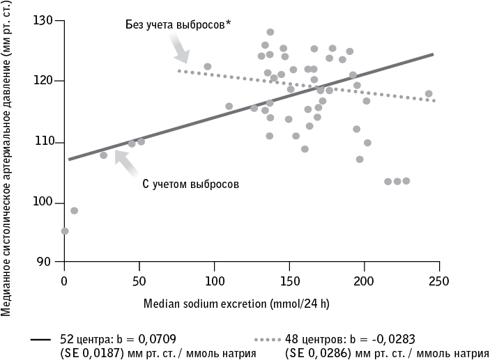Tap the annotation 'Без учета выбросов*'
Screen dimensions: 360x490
(x=178, y=26)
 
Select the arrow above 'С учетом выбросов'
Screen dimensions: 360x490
(x=126, y=164)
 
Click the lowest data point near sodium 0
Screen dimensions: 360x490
(x=65, y=230)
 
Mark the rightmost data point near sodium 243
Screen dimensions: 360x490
(x=429, y=94)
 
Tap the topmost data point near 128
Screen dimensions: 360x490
(x=270, y=32)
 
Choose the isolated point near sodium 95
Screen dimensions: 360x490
(x=207, y=67)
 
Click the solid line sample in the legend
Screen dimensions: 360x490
(x=40, y=340)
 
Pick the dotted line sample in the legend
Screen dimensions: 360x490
(x=268, y=340)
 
